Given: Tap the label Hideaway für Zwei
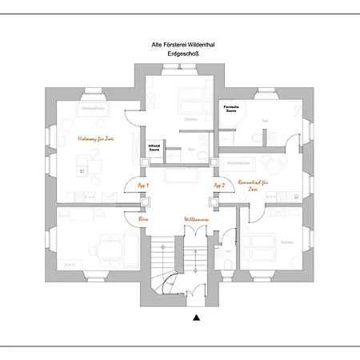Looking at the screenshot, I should pos(95,138).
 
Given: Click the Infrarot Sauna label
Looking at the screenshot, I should pos(154,147).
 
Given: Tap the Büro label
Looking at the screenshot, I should pos(144,217).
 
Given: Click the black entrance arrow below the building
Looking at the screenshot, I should pos(196,318).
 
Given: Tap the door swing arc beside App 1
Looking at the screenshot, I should pos(131,190).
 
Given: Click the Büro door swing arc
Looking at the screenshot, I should pos(130,213).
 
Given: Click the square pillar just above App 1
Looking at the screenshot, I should pos(143,163).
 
